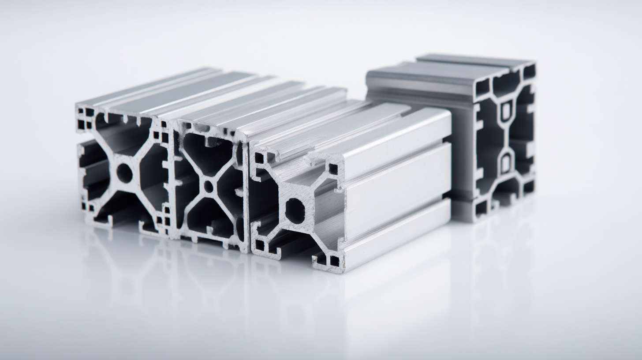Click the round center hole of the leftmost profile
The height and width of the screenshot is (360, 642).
[124, 173]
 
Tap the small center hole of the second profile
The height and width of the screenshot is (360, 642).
[209, 187]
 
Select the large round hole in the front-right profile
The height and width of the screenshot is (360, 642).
[295, 211]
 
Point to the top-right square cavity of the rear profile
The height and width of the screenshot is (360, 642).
[529, 72]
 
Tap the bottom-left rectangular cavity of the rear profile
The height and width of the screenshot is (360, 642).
[481, 207]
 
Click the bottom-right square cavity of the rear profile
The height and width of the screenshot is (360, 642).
[528, 187]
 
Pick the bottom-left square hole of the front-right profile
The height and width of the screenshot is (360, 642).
[260, 245]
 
